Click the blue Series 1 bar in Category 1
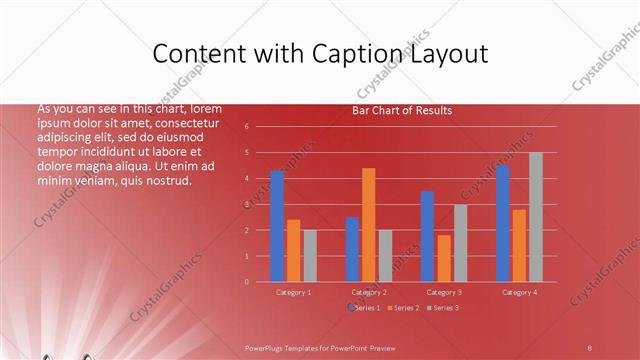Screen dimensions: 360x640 (x=277, y=226)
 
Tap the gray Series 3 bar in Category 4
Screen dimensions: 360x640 (x=536, y=217)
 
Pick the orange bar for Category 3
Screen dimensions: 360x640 (x=444, y=258)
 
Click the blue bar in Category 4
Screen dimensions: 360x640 (x=502, y=223)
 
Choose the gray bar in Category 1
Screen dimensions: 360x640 (x=310, y=256)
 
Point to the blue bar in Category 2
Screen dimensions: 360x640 (x=352, y=249)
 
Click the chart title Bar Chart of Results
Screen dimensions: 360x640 (x=402, y=111)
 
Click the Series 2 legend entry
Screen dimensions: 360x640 (x=403, y=308)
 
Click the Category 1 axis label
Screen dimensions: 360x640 (x=294, y=292)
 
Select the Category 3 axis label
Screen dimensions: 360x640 (x=444, y=292)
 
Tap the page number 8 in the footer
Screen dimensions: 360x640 (x=590, y=346)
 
